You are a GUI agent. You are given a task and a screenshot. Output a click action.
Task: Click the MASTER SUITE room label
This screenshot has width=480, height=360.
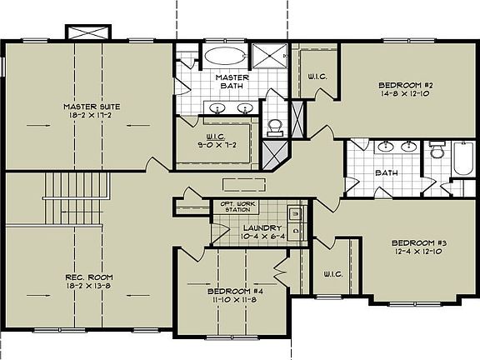point(92,107)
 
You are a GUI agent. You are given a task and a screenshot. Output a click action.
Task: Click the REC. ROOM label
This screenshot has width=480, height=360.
point(88,277)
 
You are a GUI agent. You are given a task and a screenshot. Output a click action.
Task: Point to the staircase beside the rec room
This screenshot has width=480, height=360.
point(76,195)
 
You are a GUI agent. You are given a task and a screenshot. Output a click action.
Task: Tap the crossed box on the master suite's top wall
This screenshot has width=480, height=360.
point(88,32)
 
